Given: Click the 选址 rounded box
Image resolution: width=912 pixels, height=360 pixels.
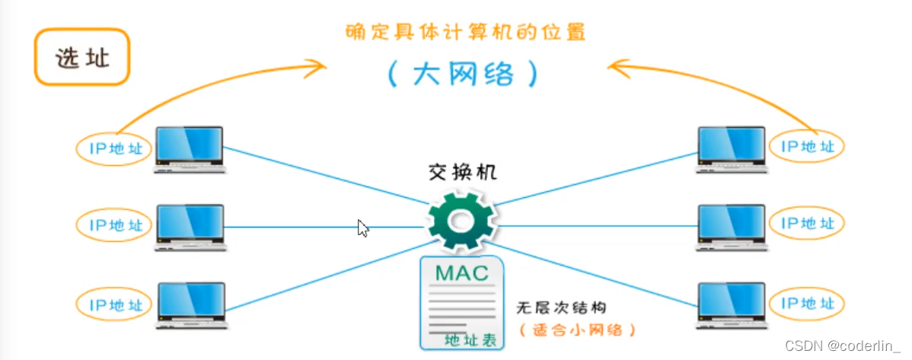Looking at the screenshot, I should point(82,58).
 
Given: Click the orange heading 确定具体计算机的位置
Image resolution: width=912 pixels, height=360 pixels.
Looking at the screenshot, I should point(466,33).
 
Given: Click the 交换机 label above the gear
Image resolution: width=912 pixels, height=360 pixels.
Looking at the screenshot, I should point(462,171).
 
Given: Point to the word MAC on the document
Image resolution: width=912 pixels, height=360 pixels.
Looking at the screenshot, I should point(461,272).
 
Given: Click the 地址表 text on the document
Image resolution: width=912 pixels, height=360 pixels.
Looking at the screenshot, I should point(470,339).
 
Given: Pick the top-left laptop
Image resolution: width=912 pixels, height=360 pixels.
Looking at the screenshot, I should point(190,148).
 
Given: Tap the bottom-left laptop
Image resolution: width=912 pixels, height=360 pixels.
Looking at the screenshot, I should point(190,304).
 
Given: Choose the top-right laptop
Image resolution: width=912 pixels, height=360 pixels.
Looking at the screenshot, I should point(732,148).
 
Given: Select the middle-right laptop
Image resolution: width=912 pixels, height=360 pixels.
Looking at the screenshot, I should point(732,227).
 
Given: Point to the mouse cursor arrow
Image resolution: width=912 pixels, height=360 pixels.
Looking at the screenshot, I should point(363,228).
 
